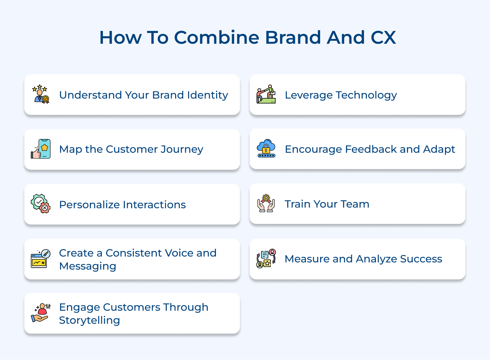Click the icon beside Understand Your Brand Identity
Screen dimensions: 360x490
point(41,94)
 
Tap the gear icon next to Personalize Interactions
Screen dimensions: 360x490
point(41,204)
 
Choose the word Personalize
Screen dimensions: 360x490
point(89,205)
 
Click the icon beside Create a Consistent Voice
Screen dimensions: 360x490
point(41,259)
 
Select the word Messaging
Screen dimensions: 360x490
point(88,266)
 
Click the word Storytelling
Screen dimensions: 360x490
point(90,321)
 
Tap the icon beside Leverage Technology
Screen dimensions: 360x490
point(266,94)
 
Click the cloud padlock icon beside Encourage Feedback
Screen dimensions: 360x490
point(266,149)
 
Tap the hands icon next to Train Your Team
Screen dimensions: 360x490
point(266,203)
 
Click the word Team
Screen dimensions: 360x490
point(355,204)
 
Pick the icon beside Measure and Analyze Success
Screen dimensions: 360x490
point(266,258)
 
